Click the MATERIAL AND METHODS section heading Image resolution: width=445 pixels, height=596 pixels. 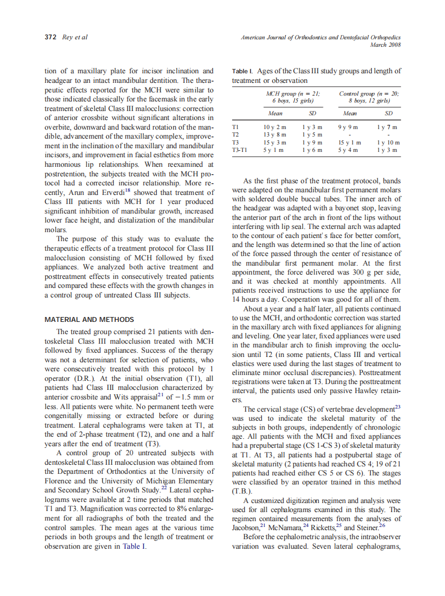pos(89,319)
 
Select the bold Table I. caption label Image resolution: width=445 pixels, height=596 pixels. pos(243,71)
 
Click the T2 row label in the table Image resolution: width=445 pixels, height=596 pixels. pos(236,135)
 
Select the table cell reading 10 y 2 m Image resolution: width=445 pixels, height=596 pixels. pos(275,127)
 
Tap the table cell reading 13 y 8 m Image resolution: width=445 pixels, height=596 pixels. pos(275,135)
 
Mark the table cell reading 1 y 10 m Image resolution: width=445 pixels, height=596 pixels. pos(388,143)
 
